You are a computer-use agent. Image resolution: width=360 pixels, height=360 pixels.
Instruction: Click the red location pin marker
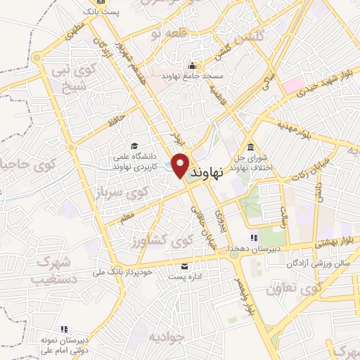(x=180, y=164)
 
